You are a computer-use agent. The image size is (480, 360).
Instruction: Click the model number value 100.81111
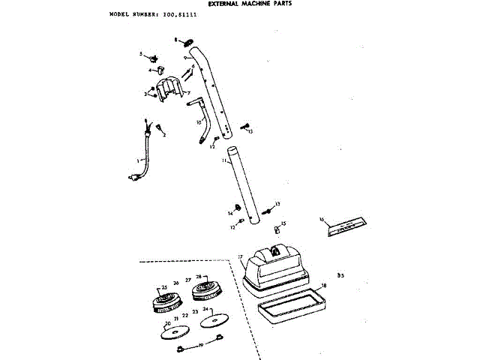point(175,14)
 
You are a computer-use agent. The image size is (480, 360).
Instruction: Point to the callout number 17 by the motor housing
point(240,256)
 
